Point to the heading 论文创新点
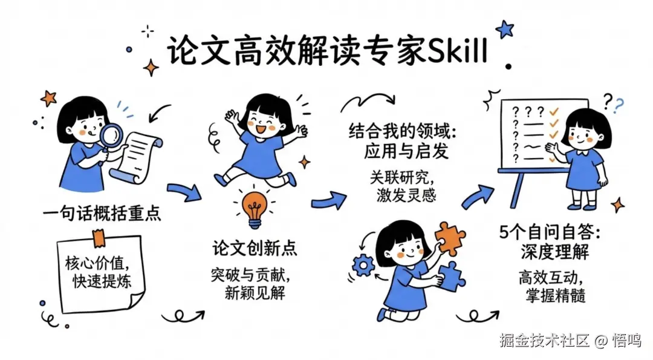(x=255, y=248)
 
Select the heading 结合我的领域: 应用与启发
(x=398, y=140)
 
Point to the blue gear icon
(x=363, y=265)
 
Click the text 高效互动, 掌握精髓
(x=551, y=287)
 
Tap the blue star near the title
(x=504, y=28)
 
